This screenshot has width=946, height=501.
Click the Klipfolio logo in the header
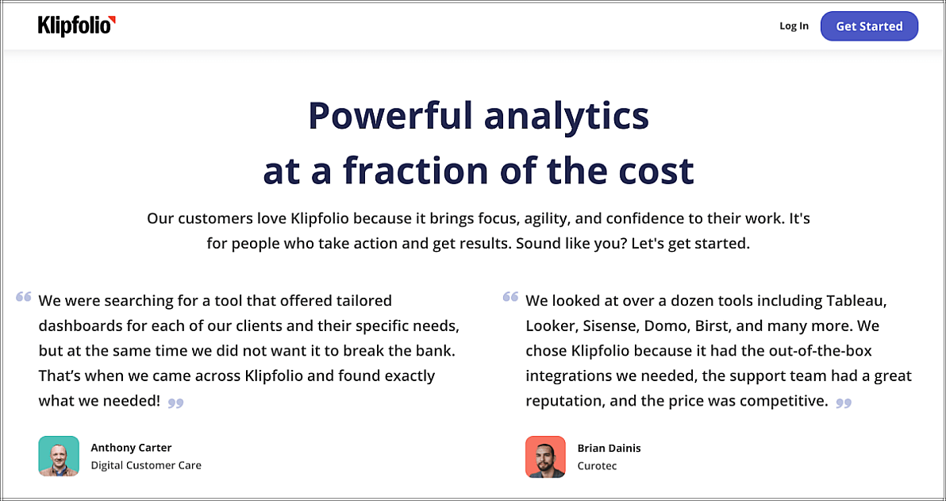[77, 26]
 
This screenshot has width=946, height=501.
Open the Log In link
[794, 26]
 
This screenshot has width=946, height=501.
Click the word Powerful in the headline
[391, 116]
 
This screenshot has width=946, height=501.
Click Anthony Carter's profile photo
[59, 457]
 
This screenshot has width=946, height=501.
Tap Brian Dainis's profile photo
[545, 457]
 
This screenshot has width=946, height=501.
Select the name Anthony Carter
[131, 448]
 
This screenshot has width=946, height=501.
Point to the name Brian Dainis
[609, 448]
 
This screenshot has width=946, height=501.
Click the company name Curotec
[597, 466]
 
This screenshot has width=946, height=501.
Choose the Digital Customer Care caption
[146, 465]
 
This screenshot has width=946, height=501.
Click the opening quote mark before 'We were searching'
[24, 296]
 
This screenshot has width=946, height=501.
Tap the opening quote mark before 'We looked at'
[510, 296]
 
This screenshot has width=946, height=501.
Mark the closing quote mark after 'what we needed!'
[175, 403]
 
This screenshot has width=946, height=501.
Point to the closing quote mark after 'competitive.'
[844, 403]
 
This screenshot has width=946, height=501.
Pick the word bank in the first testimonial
[440, 351]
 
